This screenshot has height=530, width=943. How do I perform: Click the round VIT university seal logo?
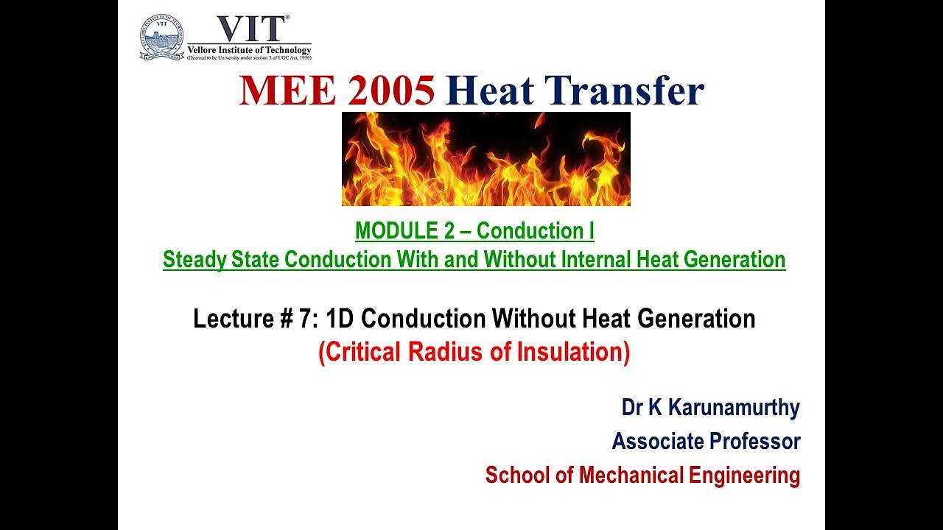(161, 38)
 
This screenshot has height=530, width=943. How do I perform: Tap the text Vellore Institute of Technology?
(249, 49)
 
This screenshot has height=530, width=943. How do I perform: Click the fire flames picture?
(485, 159)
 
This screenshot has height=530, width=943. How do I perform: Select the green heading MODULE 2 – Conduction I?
(474, 231)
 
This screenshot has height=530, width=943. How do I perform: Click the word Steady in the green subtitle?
(193, 260)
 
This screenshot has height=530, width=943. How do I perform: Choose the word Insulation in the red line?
(575, 353)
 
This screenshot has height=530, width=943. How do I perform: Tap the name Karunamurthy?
(729, 407)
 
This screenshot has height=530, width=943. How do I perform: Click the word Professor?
(754, 442)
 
